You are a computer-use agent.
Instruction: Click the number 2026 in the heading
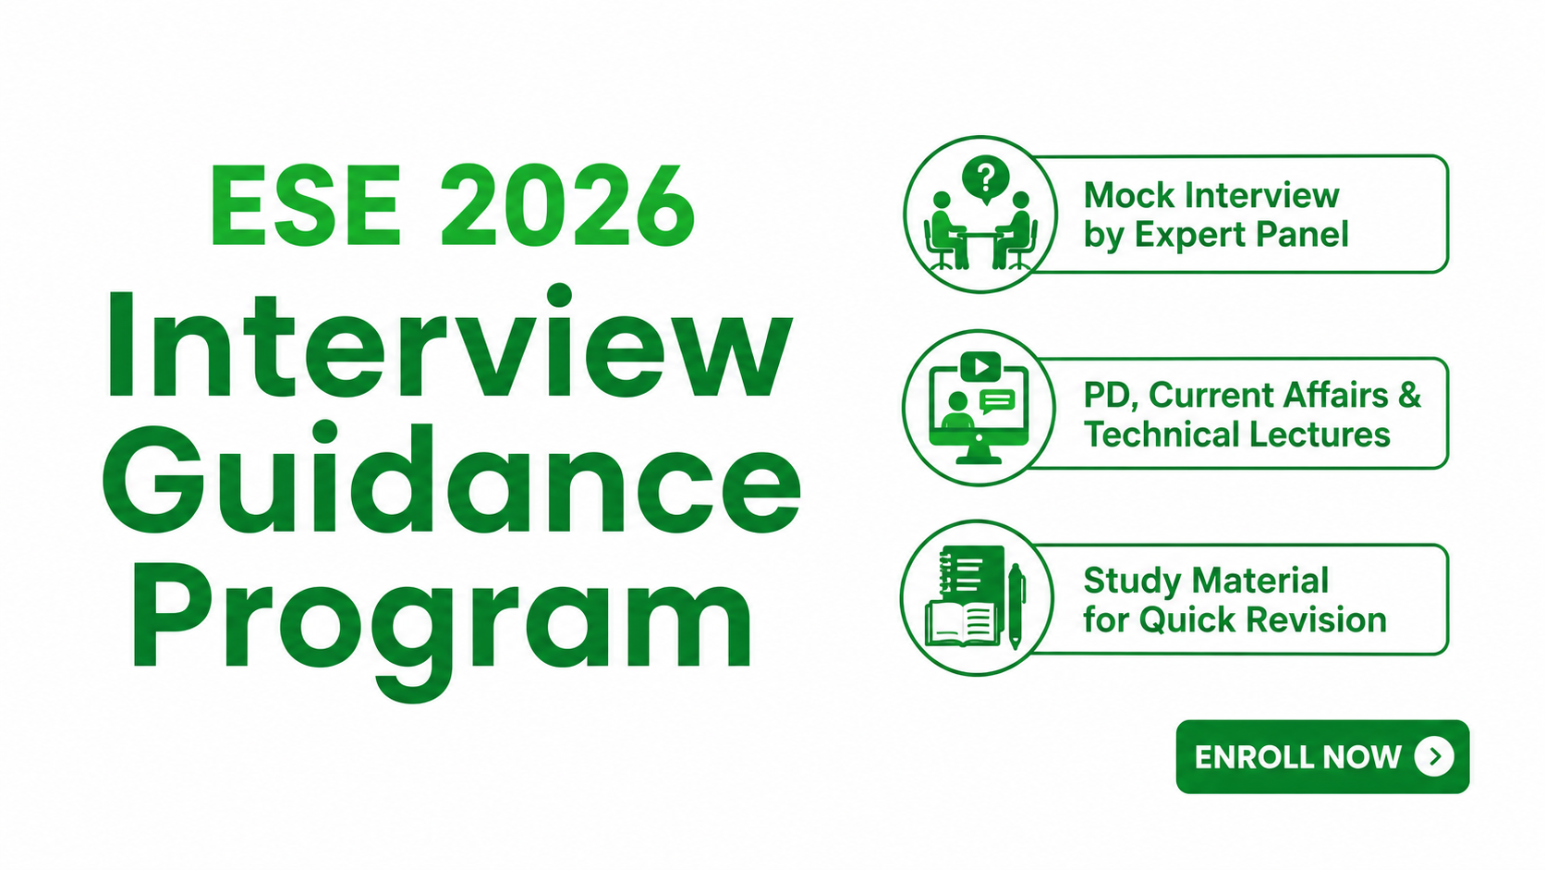(x=567, y=204)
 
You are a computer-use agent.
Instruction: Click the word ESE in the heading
(x=306, y=204)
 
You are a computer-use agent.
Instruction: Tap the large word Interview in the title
(x=448, y=341)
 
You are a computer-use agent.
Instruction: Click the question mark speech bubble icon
(x=986, y=179)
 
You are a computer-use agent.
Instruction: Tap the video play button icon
(x=980, y=366)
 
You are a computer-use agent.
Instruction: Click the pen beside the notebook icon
(x=1016, y=606)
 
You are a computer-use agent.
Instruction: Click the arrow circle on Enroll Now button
(x=1435, y=757)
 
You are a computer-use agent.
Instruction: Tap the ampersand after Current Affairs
(x=1407, y=396)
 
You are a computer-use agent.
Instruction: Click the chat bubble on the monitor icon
(x=997, y=401)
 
